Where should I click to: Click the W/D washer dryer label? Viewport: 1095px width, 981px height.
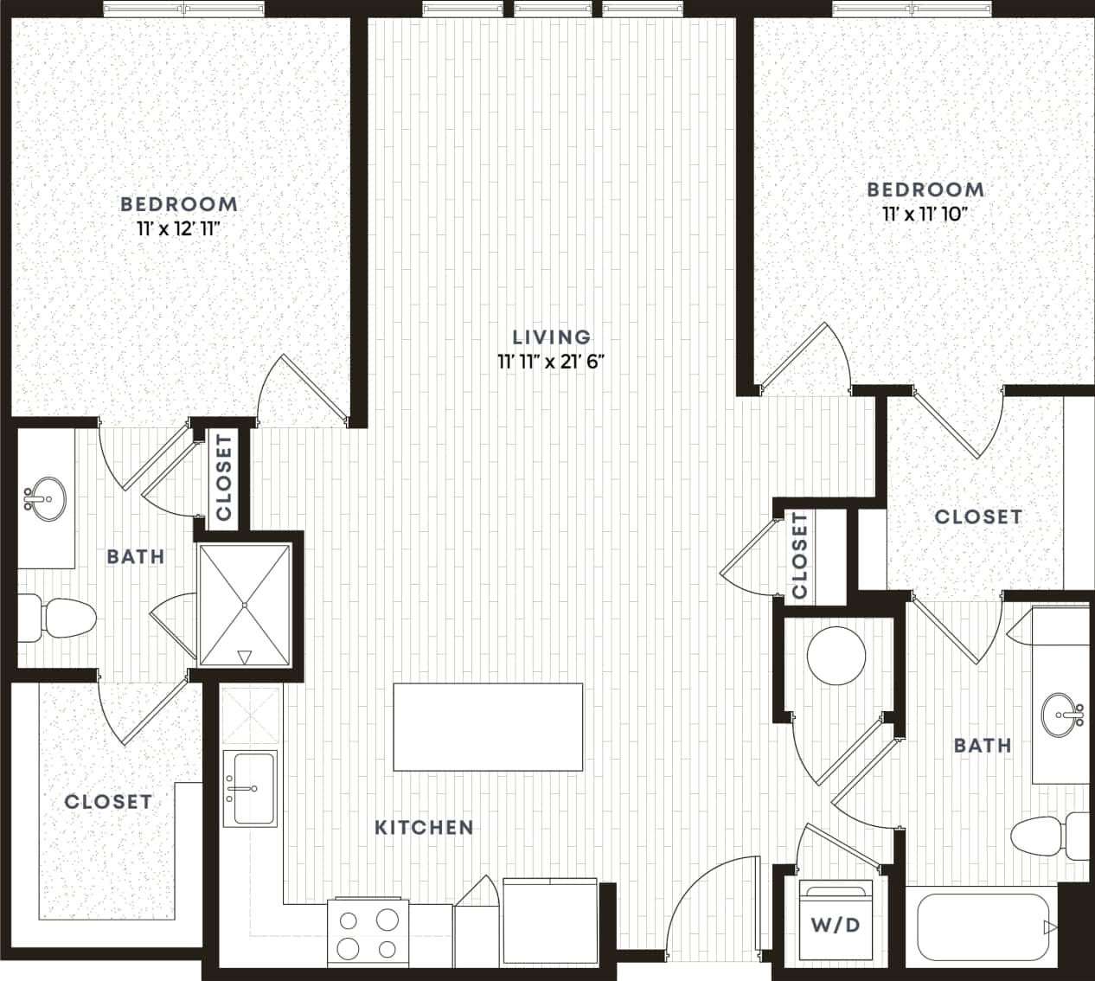(836, 925)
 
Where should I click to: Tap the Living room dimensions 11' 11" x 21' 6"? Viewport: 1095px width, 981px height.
(551, 362)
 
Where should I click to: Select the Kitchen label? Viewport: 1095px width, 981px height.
(424, 827)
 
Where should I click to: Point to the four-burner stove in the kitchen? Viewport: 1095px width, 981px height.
(369, 933)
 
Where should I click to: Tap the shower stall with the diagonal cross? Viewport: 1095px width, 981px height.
(245, 605)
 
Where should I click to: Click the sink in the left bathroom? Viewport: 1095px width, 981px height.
(44, 499)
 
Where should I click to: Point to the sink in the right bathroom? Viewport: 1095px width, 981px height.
(1062, 715)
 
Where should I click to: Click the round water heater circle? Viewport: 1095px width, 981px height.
(836, 656)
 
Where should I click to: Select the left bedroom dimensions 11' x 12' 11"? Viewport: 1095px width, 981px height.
(179, 229)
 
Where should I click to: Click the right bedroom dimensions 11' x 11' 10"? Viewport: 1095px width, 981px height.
(925, 214)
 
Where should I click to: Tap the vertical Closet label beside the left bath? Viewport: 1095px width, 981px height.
(225, 478)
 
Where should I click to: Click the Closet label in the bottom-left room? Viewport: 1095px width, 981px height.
(108, 802)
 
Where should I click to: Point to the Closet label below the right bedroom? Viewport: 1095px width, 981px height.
(978, 516)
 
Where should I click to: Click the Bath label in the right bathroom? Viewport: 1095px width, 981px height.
(982, 745)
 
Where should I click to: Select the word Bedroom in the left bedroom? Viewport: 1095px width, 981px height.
(179, 204)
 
